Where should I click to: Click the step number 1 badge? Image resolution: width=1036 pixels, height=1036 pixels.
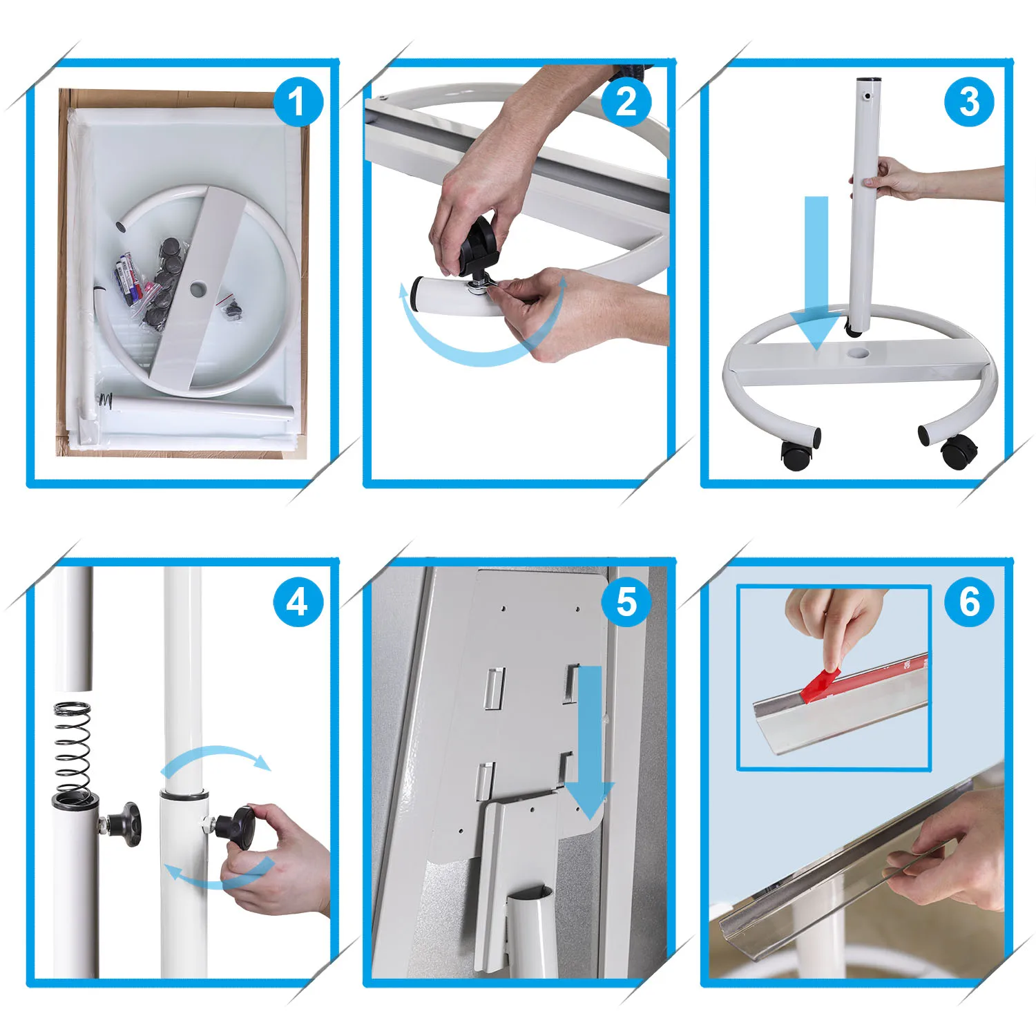(298, 102)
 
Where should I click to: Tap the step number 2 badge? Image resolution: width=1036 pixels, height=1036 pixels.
(626, 102)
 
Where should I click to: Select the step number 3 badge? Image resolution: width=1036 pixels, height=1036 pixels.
(969, 102)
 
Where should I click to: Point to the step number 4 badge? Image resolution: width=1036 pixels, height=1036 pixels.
(298, 602)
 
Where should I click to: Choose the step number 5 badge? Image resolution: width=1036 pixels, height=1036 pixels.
(626, 602)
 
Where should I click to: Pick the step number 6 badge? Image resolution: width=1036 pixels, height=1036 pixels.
(969, 602)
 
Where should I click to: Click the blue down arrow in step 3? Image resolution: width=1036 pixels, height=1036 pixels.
(817, 273)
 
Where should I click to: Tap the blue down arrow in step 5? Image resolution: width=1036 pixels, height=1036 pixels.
(589, 743)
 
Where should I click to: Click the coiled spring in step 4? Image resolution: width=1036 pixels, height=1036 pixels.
(73, 749)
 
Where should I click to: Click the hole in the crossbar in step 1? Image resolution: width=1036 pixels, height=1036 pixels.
(200, 285)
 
